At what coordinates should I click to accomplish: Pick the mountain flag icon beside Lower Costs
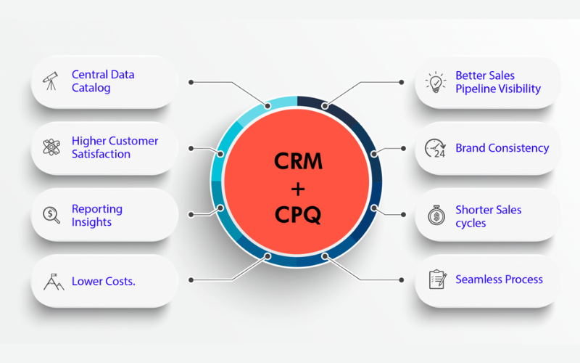click(53, 281)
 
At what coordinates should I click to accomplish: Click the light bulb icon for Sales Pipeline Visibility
click(435, 81)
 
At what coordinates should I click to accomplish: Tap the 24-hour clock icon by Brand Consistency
click(435, 148)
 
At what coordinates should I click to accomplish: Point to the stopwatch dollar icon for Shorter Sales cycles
click(435, 216)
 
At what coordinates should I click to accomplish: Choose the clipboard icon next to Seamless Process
click(436, 280)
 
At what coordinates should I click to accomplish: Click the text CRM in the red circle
click(297, 160)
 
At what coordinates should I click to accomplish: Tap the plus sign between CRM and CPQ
click(297, 187)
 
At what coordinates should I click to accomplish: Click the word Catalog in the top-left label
click(91, 89)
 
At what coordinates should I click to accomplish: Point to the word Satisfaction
click(101, 155)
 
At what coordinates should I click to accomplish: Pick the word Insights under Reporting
click(92, 222)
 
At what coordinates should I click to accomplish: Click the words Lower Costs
click(103, 281)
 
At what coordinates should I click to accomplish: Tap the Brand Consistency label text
click(502, 148)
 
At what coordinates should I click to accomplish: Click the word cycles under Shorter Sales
click(471, 223)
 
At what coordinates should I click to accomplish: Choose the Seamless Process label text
click(499, 280)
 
